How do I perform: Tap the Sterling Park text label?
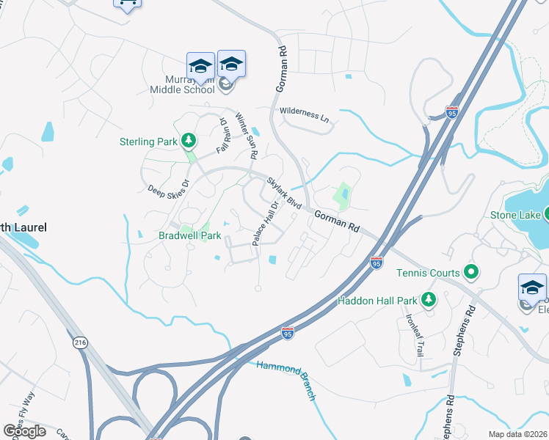tap(148, 142)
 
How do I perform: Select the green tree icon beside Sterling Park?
tap(189, 140)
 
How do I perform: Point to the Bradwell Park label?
tap(190, 236)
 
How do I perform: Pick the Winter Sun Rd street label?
tap(247, 136)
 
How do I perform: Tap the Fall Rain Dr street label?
tap(223, 136)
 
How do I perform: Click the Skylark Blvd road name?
tap(285, 194)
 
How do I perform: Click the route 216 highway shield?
tap(80, 342)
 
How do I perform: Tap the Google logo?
tap(25, 430)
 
